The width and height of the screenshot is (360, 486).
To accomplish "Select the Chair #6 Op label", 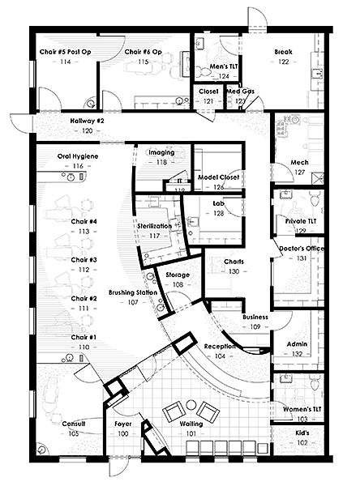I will pos(144,51).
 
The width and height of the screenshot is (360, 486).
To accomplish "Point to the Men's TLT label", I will pos(222,66).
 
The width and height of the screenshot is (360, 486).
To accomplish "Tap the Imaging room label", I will pos(161,151).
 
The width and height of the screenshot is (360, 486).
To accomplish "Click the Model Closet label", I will pos(219,176).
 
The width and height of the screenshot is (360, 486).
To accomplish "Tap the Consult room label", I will pos(73,424).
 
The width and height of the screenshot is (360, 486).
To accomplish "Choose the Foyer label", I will pos(123,424).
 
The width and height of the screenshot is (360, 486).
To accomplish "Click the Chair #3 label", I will pos(83,260).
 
